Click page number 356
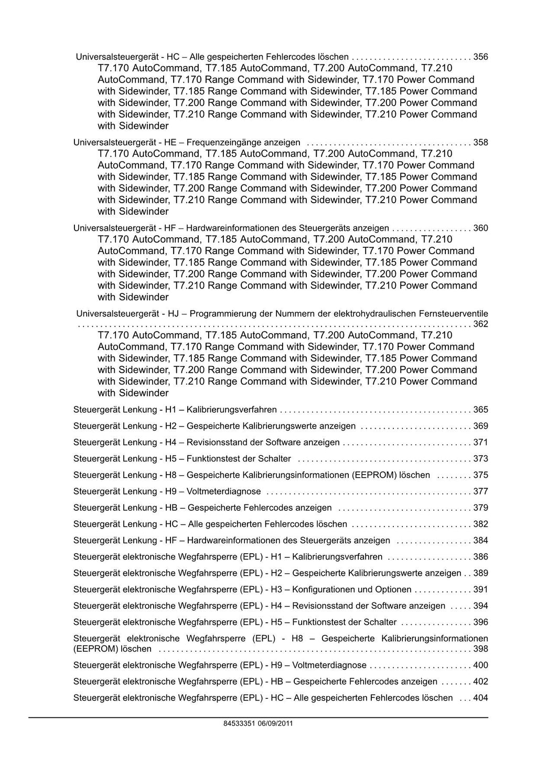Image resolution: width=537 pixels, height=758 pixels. (x=480, y=57)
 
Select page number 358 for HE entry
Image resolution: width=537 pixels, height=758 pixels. (x=480, y=142)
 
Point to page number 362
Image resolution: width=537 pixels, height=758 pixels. (x=480, y=324)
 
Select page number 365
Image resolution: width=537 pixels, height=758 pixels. (x=480, y=410)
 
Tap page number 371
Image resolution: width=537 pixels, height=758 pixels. (x=480, y=443)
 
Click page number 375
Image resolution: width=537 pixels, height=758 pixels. (x=480, y=475)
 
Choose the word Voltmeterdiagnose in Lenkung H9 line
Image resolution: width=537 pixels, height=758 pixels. (x=224, y=491)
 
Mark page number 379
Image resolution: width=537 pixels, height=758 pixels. (x=480, y=508)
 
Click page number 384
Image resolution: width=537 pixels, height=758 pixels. (x=480, y=541)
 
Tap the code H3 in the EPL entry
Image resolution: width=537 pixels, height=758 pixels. (x=276, y=589)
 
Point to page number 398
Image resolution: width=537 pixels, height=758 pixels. (x=480, y=649)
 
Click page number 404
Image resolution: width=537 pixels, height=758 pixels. (x=480, y=698)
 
